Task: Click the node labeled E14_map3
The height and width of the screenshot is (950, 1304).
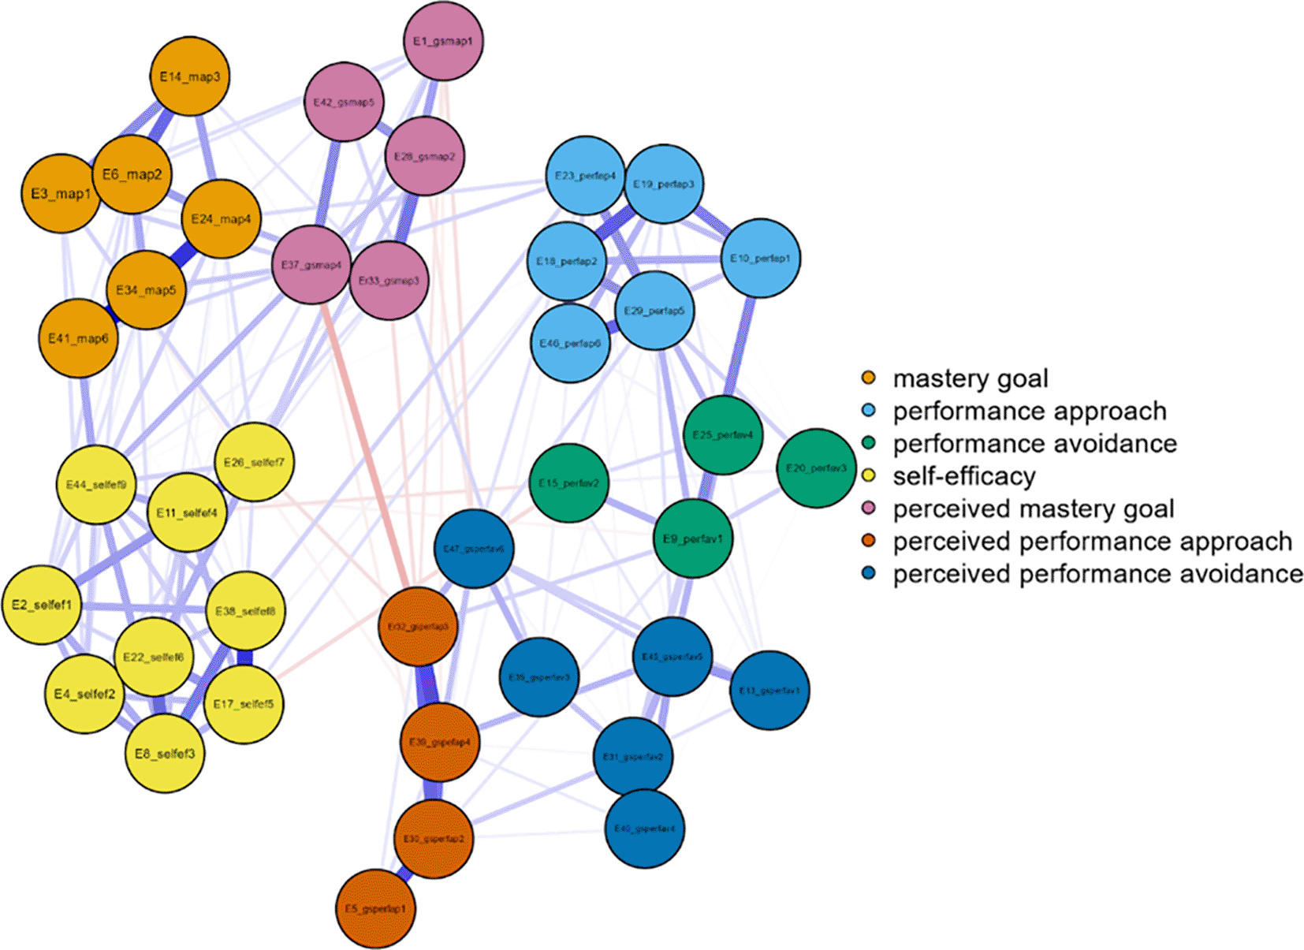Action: point(189,76)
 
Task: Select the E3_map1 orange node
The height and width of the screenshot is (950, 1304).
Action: point(61,194)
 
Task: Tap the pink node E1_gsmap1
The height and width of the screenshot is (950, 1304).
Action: point(443,41)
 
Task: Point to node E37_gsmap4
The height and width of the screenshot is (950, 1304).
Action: point(311,265)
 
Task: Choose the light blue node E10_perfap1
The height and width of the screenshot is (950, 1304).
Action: point(760,259)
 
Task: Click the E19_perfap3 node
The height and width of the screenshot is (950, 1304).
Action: point(664,184)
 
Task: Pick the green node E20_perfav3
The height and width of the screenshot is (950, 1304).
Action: point(816,468)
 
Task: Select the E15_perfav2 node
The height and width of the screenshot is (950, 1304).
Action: point(568,483)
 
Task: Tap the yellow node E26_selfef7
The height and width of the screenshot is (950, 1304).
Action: point(254,462)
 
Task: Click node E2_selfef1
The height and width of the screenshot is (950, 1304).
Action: point(42,605)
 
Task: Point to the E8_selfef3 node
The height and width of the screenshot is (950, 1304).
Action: point(165,754)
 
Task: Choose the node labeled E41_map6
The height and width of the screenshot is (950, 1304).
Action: point(78,338)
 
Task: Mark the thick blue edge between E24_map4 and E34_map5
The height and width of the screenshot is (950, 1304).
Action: point(184,255)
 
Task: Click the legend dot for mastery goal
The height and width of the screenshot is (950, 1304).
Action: point(869,378)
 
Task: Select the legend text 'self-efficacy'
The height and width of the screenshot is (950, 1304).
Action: point(963,476)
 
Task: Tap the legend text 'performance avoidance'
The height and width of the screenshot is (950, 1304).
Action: point(1034,444)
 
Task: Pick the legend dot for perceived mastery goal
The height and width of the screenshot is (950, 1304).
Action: point(869,509)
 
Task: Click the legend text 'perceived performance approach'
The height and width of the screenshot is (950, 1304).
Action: point(1092,542)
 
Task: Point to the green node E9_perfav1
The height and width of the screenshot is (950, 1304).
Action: point(692,539)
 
